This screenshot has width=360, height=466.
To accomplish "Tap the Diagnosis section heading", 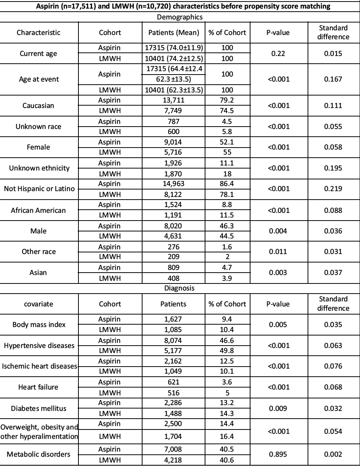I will coord(180,289).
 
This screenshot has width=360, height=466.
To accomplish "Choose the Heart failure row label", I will coord(38,387).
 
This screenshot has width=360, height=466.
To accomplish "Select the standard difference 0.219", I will coord(333,188).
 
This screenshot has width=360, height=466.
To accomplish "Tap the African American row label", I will coord(38,210).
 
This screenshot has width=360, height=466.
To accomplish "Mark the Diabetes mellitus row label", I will coord(38,408).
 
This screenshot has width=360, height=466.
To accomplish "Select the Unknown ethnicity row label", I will coord(38,168).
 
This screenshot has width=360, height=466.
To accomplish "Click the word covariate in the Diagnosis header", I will coord(38,304).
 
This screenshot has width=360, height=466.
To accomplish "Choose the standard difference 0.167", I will coord(333,79).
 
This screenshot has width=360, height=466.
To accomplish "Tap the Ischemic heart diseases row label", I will coord(38,366).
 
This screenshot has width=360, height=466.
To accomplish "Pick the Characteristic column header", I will coord(38,33).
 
